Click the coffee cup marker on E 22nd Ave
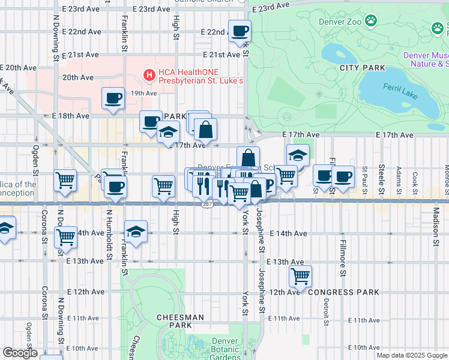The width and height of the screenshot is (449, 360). coord(240,31)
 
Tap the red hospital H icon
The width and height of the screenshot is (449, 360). coord(148,74)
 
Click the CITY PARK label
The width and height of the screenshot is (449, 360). coord(362,68)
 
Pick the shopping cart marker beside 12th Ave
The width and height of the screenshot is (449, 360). coord(300,276)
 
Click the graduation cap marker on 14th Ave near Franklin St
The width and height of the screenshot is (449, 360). coord(136,232)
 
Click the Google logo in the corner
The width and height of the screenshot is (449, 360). coord(20,353)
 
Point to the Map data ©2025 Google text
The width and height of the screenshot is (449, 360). coord(412,355)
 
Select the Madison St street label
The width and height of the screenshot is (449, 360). coord(436,226)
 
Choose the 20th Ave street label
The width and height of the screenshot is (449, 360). coord(78,77)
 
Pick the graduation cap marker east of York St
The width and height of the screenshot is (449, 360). coord(297,155)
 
